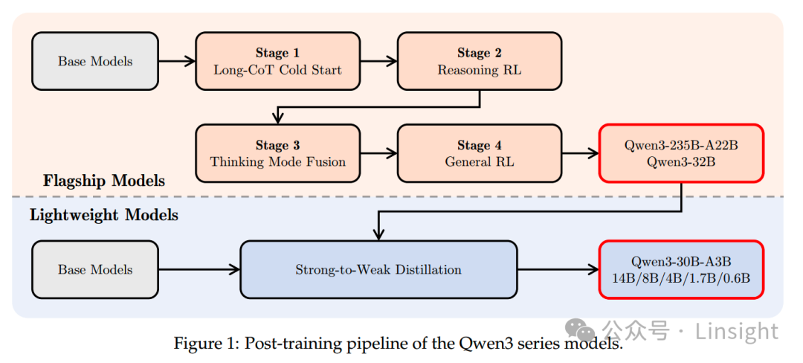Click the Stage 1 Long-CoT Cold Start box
coord(277,61)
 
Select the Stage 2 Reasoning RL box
coord(479,61)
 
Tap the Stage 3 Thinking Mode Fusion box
coord(277,153)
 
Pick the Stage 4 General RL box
coord(479,153)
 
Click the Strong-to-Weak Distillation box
coord(378,269)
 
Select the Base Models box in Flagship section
coord(95,61)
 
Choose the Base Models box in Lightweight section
coord(95,269)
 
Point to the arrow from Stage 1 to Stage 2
coord(378,61)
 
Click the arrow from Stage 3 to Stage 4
coord(378,153)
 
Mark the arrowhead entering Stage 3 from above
coord(277,119)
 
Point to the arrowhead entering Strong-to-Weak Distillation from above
coord(378,234)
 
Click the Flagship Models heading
coord(104,181)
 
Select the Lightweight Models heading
coord(104,216)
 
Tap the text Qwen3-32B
coord(681,161)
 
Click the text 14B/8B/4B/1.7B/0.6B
coord(681,278)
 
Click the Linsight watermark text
coord(736,331)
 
